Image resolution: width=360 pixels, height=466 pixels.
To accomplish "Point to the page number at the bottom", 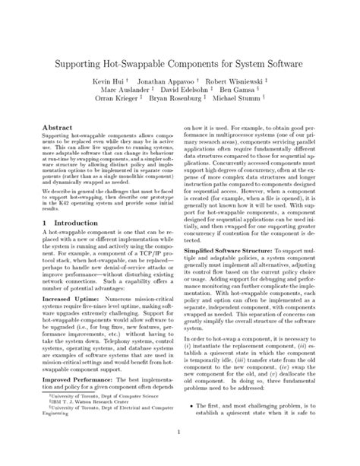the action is coord(179,456).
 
